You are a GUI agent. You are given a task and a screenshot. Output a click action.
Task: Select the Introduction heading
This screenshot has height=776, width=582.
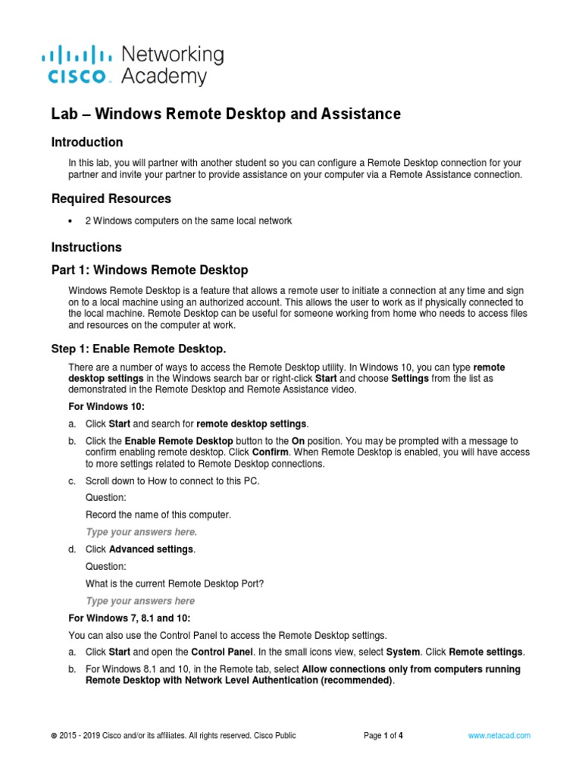click(86, 142)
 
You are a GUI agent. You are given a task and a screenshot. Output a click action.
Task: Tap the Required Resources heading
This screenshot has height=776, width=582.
click(111, 199)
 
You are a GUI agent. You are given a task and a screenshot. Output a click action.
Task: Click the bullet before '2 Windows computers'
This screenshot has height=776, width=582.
click(69, 221)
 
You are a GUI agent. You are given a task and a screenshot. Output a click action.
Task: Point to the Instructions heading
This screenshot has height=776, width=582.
click(86, 247)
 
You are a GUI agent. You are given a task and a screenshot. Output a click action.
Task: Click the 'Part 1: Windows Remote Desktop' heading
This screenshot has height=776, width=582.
click(149, 270)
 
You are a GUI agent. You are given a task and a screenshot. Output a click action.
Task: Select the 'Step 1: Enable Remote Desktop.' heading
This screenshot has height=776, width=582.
click(138, 349)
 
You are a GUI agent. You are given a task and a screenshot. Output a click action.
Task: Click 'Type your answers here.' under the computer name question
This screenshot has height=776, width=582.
click(142, 532)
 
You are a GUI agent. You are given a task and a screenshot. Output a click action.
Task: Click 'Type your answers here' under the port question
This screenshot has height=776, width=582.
click(140, 601)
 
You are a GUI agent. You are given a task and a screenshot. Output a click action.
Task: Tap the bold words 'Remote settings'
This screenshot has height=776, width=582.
click(486, 652)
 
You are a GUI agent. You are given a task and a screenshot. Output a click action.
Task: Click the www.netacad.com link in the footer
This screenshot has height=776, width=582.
click(499, 735)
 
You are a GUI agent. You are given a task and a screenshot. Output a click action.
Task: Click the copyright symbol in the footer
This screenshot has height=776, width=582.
click(53, 736)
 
